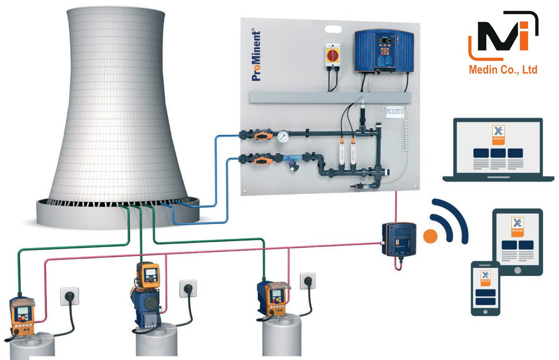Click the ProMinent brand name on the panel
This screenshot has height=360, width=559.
256,56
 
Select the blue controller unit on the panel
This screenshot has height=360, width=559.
383,51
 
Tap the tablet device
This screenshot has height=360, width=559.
517,241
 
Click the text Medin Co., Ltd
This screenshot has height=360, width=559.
503,70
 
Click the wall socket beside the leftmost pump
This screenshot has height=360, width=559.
70,297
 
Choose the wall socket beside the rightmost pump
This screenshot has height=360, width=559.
307,281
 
